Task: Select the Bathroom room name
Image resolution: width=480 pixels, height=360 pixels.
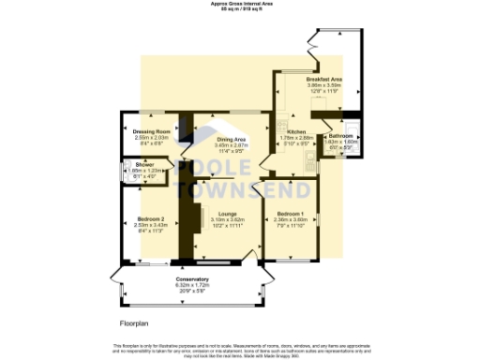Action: (x=341, y=136)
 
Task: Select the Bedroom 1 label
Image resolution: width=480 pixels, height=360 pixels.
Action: (x=291, y=215)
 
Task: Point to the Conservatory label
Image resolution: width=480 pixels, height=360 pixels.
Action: (x=192, y=279)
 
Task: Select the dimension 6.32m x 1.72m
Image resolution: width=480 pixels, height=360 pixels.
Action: (x=192, y=285)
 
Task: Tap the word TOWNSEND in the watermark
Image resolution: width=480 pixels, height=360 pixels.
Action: (x=239, y=189)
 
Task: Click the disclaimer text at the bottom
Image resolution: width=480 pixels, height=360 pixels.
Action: (x=240, y=349)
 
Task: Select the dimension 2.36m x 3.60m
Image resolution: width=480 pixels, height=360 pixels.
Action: (x=291, y=220)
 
